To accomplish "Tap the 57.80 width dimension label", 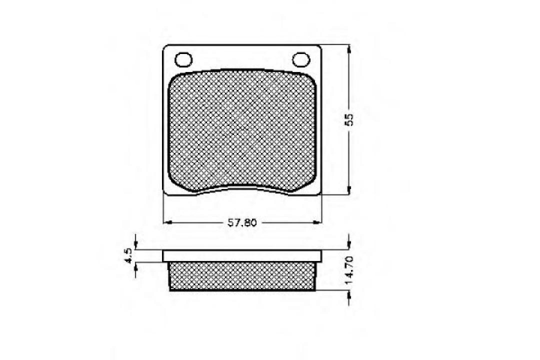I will (242, 223).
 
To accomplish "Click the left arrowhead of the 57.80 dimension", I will (168, 222).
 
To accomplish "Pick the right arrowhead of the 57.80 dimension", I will (317, 222).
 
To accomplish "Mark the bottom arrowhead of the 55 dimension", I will (348, 192).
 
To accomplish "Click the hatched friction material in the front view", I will (242, 130).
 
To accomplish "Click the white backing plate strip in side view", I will (242, 255).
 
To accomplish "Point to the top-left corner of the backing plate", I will (166, 47).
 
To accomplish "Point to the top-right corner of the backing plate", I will (319, 47).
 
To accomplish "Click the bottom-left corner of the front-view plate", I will (165, 194).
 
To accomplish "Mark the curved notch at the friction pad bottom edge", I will (242, 187).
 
